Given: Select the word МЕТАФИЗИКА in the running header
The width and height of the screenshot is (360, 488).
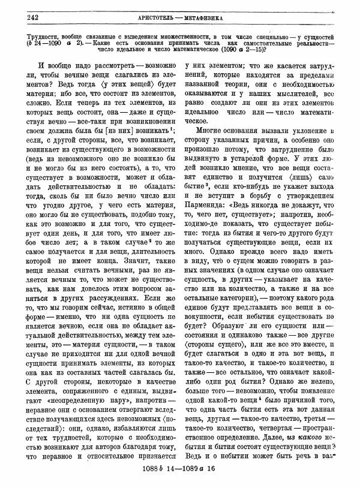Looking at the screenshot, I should [x=202, y=17].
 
